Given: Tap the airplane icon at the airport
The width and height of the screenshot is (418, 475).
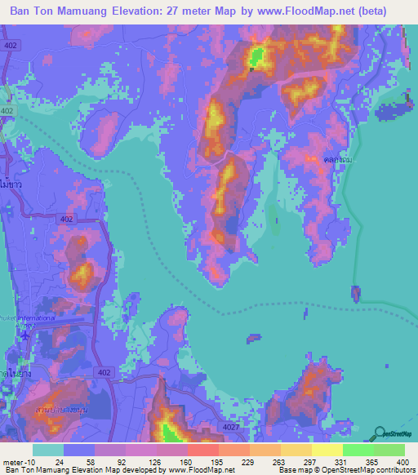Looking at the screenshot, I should [25, 334].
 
